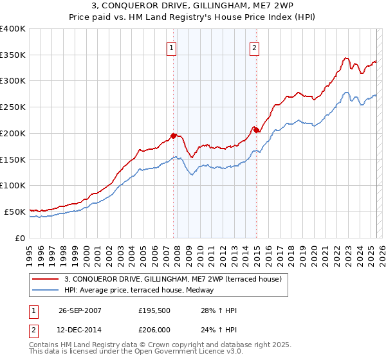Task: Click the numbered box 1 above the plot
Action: [x=172, y=47]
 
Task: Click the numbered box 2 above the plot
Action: [x=255, y=47]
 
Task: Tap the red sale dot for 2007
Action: [x=174, y=136]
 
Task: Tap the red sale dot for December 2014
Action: [x=256, y=130]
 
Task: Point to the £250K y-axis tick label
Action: [x=13, y=107]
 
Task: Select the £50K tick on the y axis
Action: [x=15, y=212]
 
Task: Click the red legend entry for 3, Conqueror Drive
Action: [x=173, y=280]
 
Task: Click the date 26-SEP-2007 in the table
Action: [x=80, y=310]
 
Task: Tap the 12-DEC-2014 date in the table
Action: [x=80, y=330]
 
